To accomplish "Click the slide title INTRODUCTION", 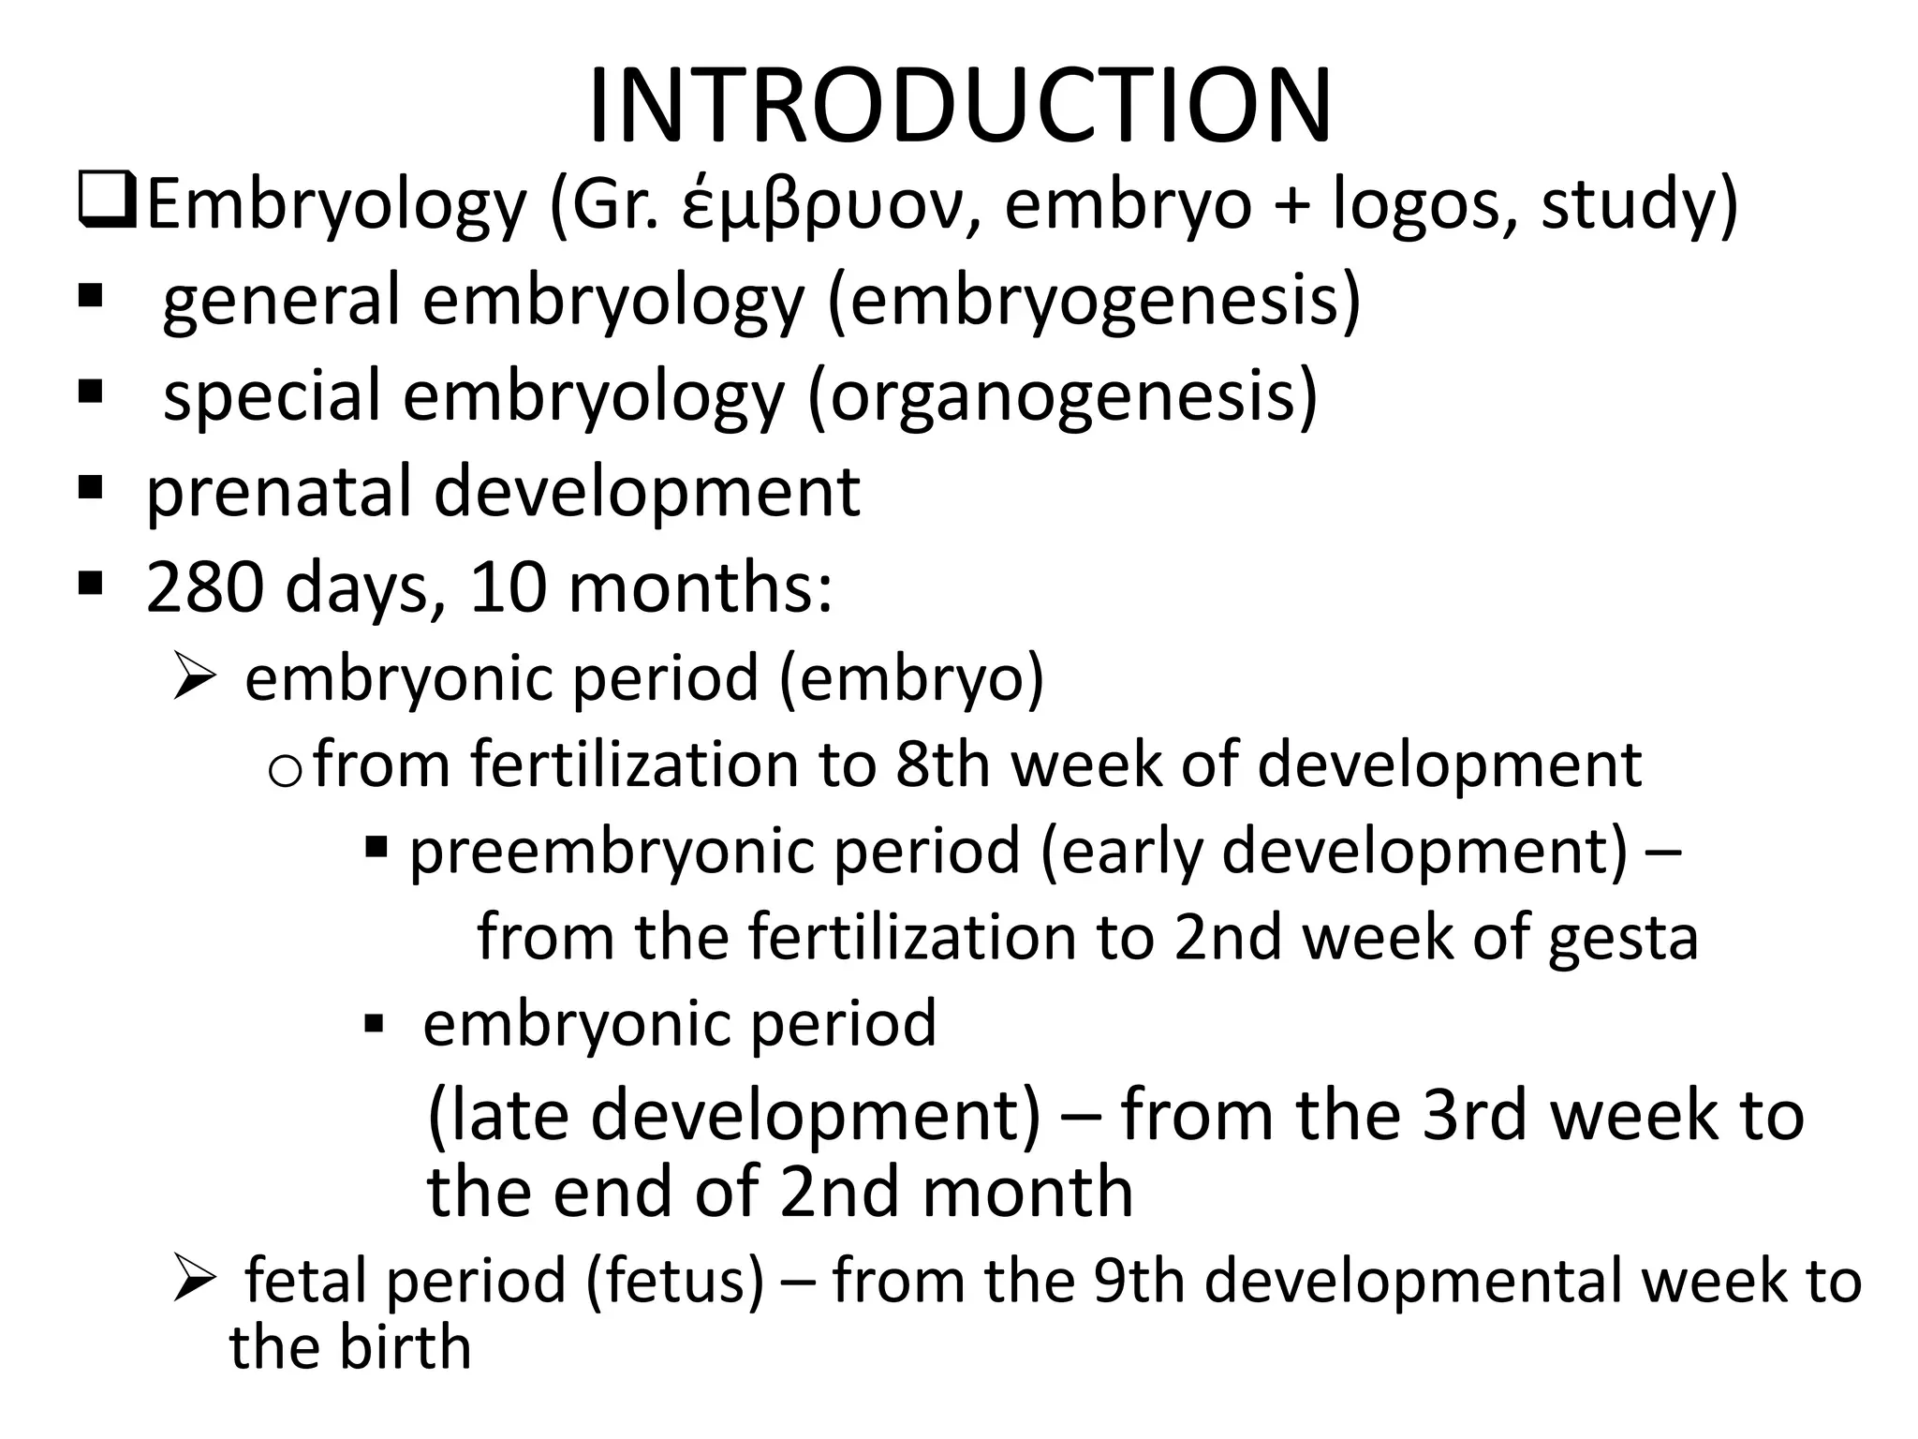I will coord(959,105).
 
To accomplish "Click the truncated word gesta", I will coord(1622,939).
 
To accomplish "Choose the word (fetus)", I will coord(676,1282).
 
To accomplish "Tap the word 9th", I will coord(1139,1282).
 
